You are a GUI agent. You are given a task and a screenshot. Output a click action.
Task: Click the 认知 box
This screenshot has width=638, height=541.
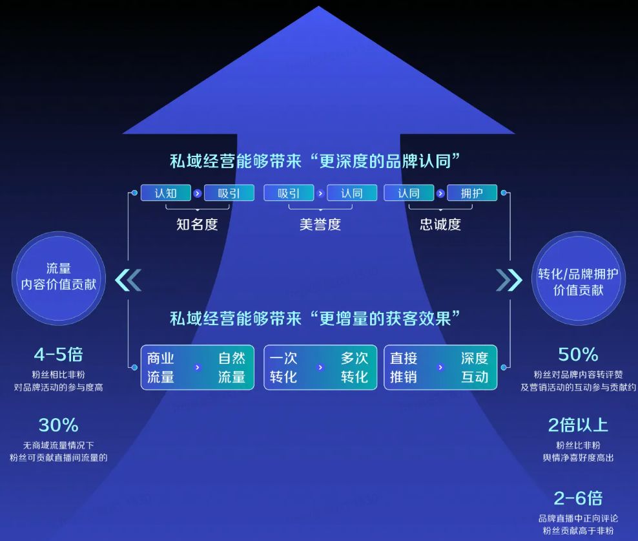click(165, 193)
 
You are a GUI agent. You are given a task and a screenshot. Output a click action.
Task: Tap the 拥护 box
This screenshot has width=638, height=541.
click(472, 193)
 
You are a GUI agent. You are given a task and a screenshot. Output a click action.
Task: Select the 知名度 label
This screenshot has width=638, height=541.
click(197, 224)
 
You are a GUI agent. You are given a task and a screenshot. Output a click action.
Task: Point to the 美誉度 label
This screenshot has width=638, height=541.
click(320, 224)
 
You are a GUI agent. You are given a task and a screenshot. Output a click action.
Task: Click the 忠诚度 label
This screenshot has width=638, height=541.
click(440, 224)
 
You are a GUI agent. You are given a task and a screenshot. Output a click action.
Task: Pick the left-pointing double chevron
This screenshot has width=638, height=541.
click(128, 280)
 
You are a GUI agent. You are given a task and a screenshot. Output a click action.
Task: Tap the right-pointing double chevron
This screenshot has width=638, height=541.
click(509, 280)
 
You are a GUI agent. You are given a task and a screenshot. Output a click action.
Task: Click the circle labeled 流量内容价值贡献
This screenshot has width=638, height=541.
click(59, 278)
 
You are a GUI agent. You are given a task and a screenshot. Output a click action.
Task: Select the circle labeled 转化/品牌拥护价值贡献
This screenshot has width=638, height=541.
click(578, 278)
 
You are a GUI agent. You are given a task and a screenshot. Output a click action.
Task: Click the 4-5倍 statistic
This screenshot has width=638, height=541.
click(59, 354)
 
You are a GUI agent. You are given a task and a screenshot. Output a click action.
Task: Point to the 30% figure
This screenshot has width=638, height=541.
click(59, 425)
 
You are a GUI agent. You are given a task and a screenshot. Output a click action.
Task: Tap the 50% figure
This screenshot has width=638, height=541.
click(578, 354)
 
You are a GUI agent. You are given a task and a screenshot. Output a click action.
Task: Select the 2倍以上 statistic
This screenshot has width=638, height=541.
click(578, 425)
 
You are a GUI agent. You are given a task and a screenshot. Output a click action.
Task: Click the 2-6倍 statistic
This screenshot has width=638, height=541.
click(578, 498)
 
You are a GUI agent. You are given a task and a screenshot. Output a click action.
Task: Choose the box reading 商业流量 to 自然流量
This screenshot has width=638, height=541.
click(198, 368)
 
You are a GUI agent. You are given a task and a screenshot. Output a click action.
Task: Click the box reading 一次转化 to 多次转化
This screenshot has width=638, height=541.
click(320, 368)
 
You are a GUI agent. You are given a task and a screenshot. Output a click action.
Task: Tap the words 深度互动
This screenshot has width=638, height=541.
click(475, 368)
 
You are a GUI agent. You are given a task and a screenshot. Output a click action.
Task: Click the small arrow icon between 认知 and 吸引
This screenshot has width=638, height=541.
click(198, 193)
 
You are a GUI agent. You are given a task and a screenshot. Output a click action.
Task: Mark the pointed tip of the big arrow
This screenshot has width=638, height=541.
click(318, 6)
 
